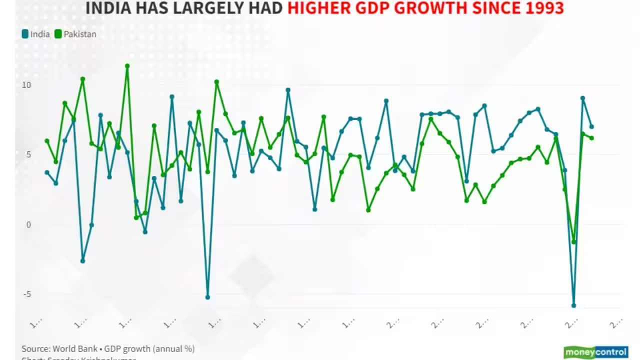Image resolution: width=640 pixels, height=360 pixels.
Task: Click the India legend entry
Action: point(36,34)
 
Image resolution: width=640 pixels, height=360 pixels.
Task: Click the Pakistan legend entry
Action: point(76,34)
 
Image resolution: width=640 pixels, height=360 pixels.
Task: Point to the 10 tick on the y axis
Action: point(26,85)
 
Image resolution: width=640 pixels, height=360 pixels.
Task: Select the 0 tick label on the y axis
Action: point(28,224)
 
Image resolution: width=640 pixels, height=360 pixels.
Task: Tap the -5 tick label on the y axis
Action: point(26,294)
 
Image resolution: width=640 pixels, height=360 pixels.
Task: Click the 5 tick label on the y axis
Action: point(28,154)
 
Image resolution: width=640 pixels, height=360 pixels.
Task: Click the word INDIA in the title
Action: point(107,8)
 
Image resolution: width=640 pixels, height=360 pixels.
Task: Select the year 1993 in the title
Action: point(542,8)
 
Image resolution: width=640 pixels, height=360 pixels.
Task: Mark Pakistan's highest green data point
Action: point(127,65)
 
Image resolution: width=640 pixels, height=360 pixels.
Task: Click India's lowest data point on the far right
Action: point(573,305)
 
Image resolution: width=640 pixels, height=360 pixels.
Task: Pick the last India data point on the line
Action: point(591,126)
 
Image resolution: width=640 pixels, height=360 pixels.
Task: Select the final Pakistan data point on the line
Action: point(591,138)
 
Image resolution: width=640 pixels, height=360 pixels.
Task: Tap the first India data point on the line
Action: point(47,172)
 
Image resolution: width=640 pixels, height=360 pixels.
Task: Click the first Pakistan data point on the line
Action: point(47,140)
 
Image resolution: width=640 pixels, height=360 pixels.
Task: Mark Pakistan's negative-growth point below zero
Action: point(573,242)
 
